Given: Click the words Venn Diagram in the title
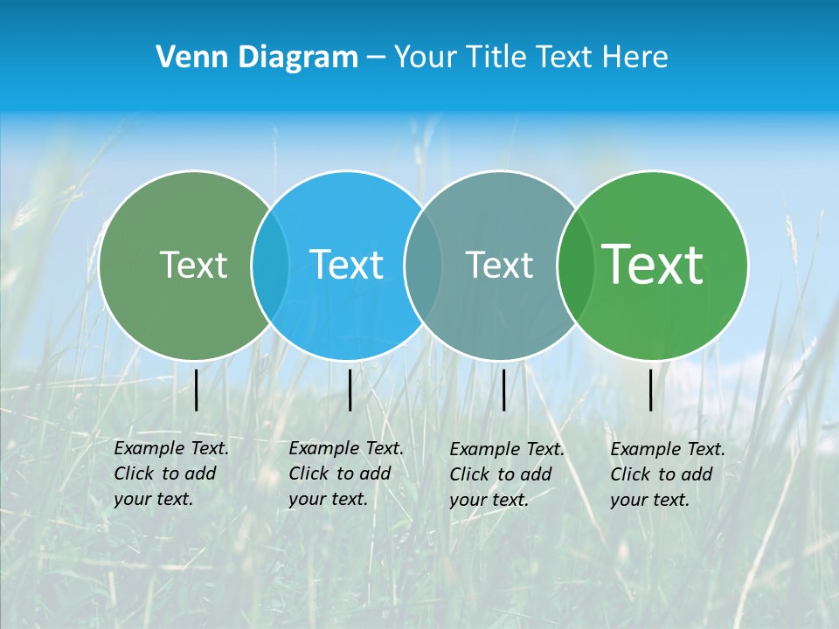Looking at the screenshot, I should coord(257,58).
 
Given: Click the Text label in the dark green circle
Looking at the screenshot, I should coord(193,265).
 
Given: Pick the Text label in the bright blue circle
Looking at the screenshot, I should coord(346,265).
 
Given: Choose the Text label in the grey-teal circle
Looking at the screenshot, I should coord(499,265).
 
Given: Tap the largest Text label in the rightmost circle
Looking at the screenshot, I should coord(653,265).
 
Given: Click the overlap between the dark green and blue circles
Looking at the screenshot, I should coord(270,265).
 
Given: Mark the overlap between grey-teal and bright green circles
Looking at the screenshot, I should coord(573,265).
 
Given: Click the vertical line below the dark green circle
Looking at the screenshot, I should coord(197,390).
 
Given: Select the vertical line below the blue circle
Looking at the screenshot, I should coord(350,390).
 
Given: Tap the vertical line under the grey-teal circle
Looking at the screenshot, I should coord(503,390).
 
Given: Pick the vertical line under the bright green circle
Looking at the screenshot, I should coord(651,390).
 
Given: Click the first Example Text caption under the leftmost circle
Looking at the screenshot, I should coord(171,448).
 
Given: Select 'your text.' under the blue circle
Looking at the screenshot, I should coord(328,499).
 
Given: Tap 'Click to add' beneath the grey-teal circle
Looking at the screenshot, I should coord(501,474).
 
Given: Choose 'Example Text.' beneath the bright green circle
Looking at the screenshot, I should coord(668,449).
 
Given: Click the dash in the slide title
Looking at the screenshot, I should coord(376,58).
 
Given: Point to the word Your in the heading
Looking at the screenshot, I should coord(424,58).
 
